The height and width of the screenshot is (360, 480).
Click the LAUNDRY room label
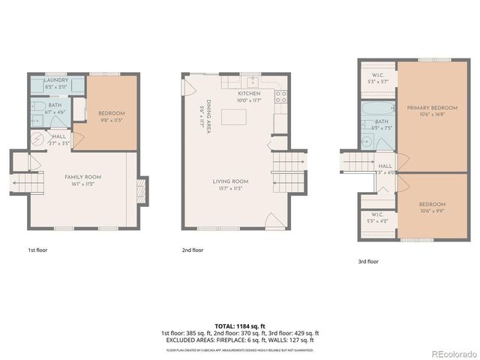click(57, 80)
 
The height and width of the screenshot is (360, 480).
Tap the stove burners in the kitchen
click(282, 96)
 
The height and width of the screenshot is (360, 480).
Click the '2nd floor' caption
click(192, 250)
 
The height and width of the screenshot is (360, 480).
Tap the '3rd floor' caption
click(368, 262)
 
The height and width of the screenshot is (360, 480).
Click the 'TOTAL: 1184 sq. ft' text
click(240, 326)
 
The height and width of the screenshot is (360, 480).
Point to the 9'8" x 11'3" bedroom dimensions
click(110, 119)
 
